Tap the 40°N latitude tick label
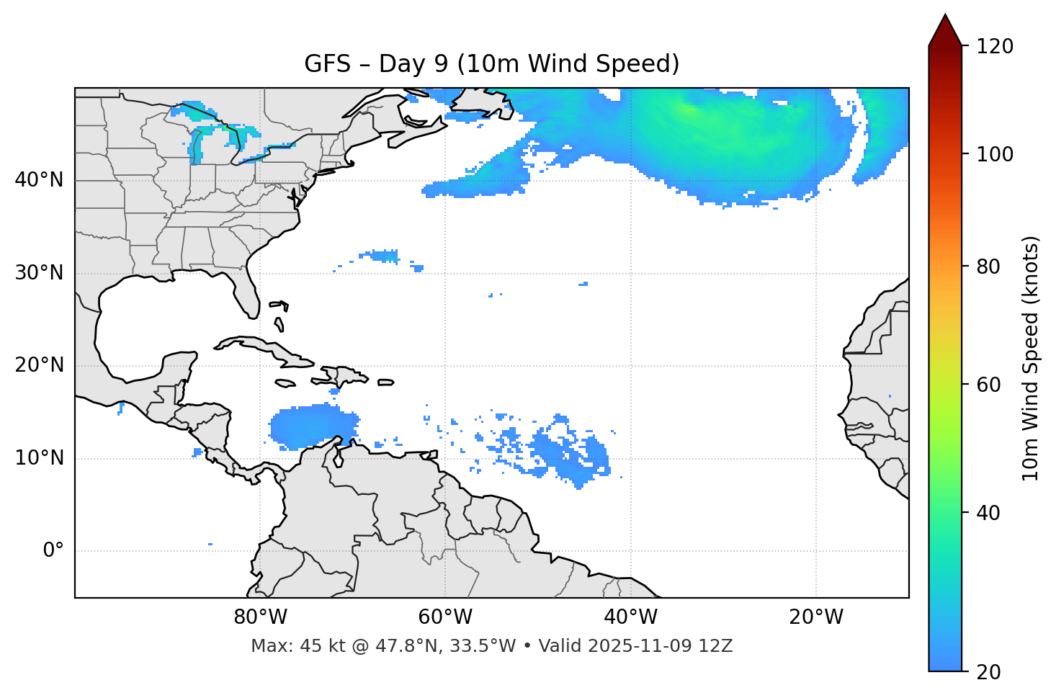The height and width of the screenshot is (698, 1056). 39,180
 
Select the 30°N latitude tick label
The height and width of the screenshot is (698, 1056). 39,273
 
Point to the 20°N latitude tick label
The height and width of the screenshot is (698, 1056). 39,365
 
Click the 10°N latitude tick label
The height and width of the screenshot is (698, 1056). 39,458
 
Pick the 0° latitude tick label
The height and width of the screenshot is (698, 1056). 53,551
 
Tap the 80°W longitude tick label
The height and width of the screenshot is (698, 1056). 260,617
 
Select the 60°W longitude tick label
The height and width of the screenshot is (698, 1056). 445,617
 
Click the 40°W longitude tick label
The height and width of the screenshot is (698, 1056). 630,617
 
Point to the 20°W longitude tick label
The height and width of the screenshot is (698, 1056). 815,617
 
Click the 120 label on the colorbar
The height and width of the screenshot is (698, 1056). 995,47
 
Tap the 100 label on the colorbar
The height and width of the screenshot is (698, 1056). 995,154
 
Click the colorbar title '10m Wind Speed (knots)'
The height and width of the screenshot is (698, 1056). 1031,358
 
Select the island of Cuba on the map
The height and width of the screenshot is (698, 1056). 267,348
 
